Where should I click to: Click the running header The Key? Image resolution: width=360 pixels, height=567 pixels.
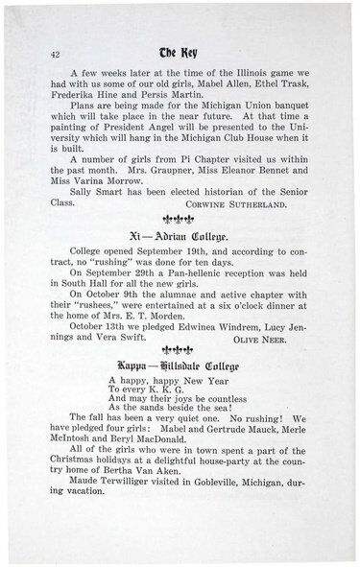point(180,54)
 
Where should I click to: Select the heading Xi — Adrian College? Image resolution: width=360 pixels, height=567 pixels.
point(178,235)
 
